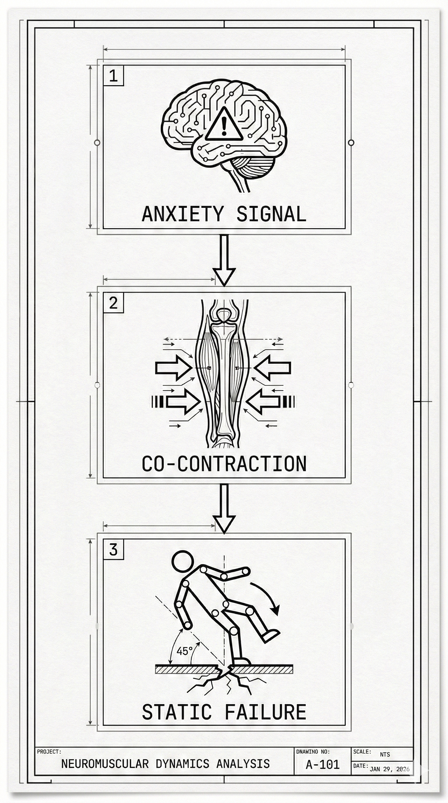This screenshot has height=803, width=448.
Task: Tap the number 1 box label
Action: click(113, 76)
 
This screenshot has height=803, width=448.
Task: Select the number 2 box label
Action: click(113, 303)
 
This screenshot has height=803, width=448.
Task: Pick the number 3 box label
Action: click(113, 549)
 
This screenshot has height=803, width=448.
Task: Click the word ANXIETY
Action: click(182, 214)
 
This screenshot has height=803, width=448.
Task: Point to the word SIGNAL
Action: click(271, 214)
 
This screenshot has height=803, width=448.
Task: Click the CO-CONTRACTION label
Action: click(224, 464)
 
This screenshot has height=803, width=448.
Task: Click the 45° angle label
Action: click(184, 651)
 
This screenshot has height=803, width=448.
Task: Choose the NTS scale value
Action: click(385, 754)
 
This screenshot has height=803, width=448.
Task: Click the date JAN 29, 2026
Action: click(389, 769)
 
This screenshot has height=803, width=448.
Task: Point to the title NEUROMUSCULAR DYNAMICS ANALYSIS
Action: click(165, 763)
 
